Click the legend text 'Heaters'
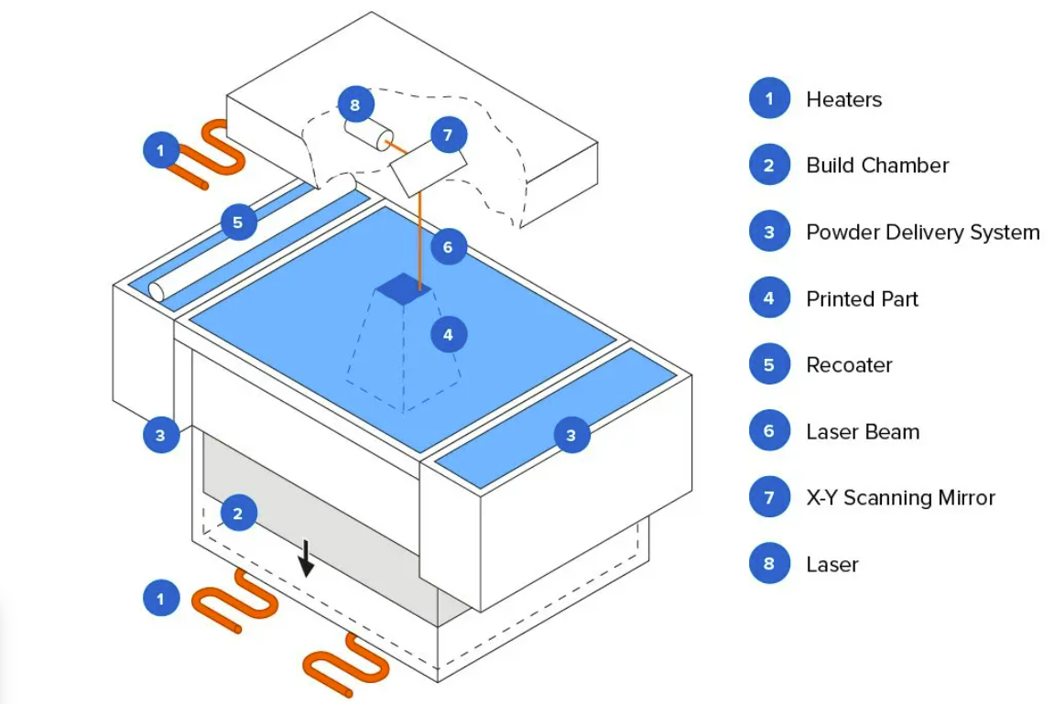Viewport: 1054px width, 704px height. [x=843, y=99]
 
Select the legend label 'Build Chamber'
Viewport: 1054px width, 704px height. [x=876, y=166]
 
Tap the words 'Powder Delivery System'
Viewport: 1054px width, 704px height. [x=922, y=233]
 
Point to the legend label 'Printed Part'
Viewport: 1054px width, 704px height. [x=862, y=298]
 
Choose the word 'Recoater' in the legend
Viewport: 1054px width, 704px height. [x=848, y=365]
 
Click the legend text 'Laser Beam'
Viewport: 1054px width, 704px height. [x=862, y=431]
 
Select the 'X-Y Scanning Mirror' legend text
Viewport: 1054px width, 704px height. [x=899, y=498]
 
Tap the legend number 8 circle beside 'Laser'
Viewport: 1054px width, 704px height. [x=769, y=564]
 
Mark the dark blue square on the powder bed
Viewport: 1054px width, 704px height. [x=404, y=288]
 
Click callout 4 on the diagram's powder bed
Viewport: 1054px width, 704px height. [x=448, y=335]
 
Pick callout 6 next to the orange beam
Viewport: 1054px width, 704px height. [x=448, y=247]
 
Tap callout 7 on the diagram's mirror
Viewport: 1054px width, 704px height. [x=447, y=136]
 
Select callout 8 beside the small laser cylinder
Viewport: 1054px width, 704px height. [x=354, y=104]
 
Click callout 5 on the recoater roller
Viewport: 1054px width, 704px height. [x=238, y=222]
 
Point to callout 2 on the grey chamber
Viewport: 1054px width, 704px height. [x=238, y=514]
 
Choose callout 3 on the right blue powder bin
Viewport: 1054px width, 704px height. [x=570, y=436]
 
